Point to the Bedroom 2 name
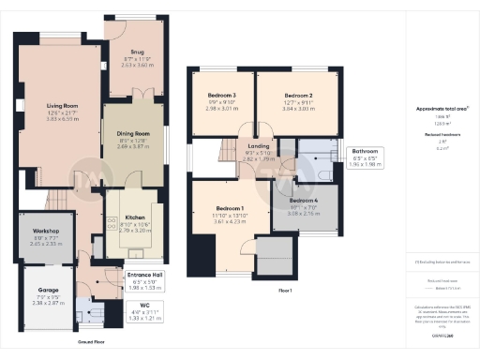298,96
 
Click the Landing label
259,145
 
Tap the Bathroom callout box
365,156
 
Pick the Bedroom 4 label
303,201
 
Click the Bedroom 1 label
230,207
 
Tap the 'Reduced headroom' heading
441,136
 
